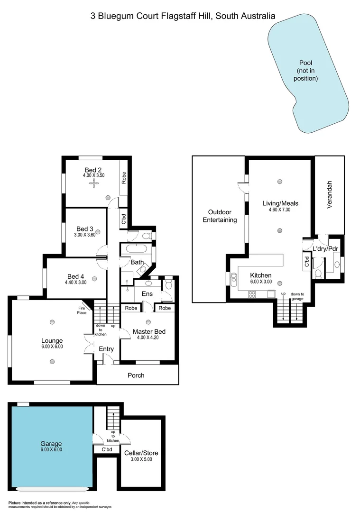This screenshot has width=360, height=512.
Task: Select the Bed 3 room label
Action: click(85, 229)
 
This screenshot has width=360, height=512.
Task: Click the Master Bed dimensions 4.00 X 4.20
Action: click(149, 338)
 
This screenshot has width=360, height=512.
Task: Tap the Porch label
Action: click(136, 375)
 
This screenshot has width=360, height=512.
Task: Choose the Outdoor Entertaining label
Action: click(220, 216)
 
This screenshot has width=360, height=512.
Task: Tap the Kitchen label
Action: click(260, 275)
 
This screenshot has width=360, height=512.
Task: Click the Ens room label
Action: click(148, 293)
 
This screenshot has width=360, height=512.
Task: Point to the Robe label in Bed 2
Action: click(124, 178)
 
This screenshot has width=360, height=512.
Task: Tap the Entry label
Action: click(106, 349)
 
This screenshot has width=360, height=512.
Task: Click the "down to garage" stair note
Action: click(297, 296)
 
